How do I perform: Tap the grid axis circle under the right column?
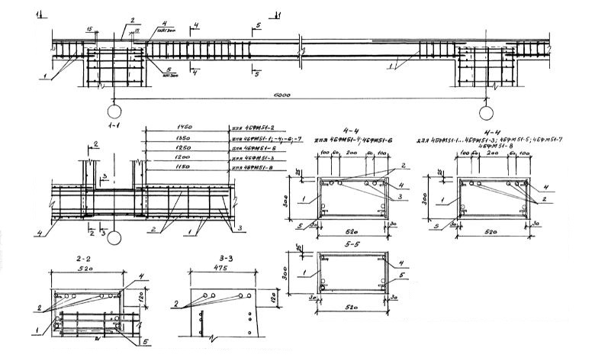tap(486, 114)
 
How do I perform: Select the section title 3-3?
tap(220, 259)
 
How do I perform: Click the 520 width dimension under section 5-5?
tap(353, 313)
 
